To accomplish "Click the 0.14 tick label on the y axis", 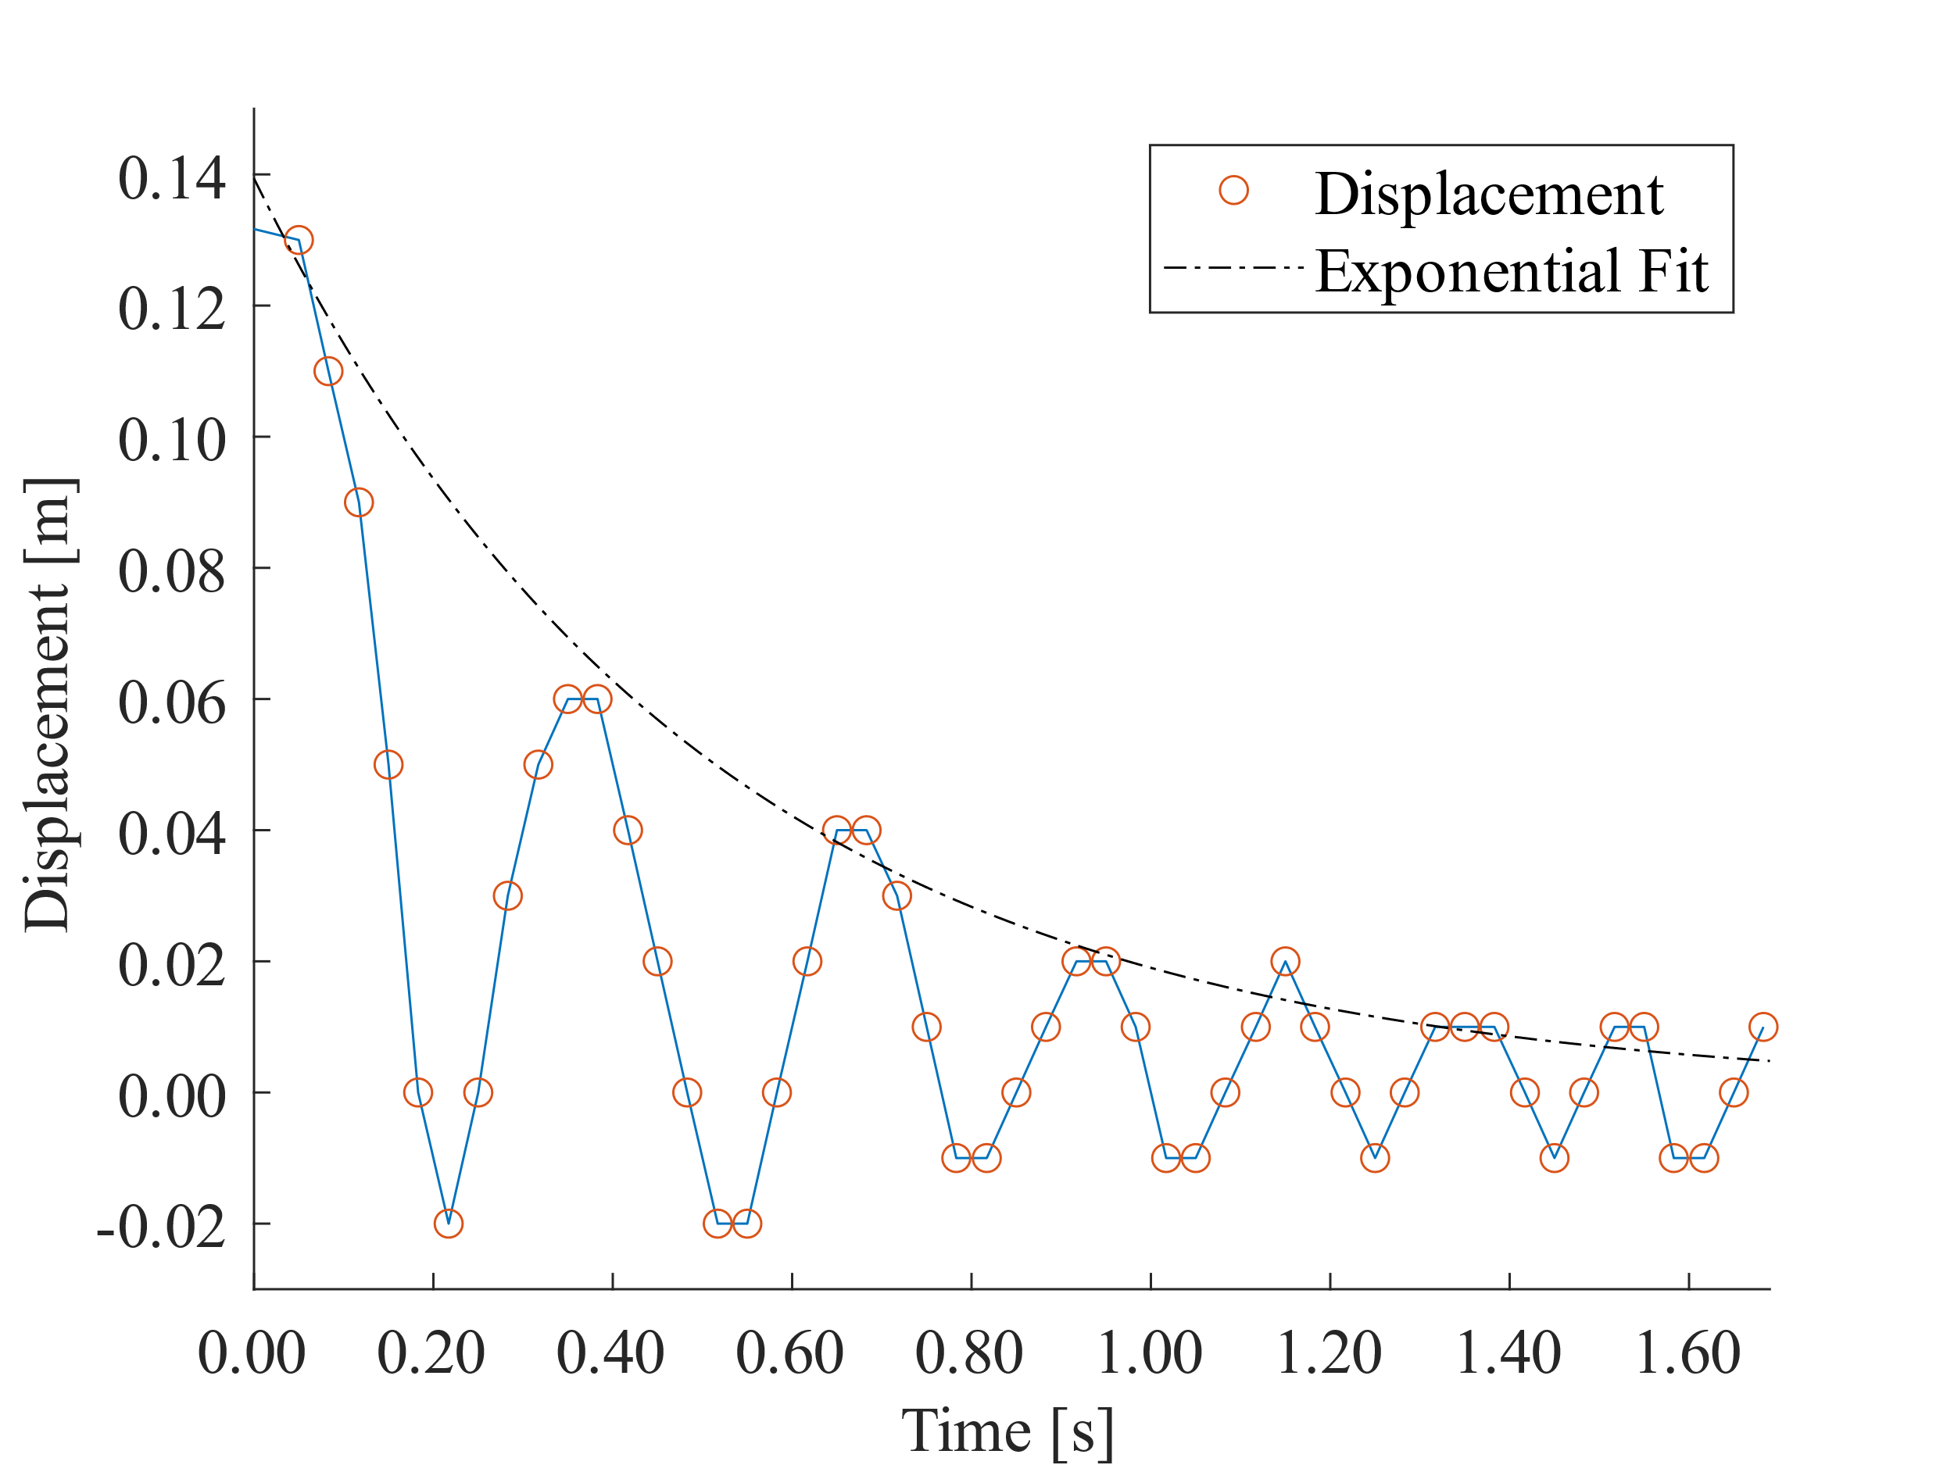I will [x=171, y=178].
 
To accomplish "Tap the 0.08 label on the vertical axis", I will [x=171, y=571].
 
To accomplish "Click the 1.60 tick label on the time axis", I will [x=1687, y=1352].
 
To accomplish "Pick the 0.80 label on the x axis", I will [x=969, y=1352].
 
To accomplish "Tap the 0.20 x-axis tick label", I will [x=431, y=1352].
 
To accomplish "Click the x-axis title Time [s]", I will [x=1007, y=1431].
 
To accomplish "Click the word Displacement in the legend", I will [x=1488, y=194].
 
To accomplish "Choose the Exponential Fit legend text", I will [x=1512, y=270].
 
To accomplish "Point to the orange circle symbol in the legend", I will [x=1233, y=190].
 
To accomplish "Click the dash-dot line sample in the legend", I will [x=1233, y=267].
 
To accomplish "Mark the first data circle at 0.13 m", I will [x=299, y=240].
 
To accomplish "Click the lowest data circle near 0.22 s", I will [x=448, y=1224].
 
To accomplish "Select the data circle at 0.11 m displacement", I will [x=327, y=372].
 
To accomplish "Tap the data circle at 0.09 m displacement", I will [x=359, y=502].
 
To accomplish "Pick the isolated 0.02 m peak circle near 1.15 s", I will [x=1285, y=961].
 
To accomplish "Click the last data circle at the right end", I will [x=1763, y=1027].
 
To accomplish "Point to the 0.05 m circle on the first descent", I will [x=388, y=765].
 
